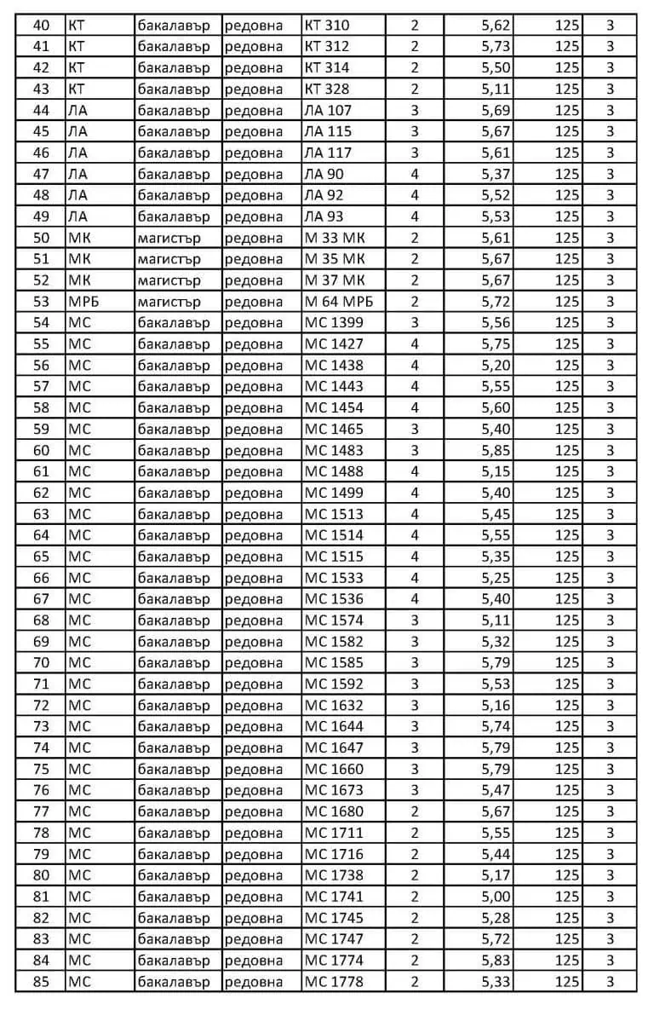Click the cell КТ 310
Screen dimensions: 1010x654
tap(327, 26)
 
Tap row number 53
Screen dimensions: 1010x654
tap(41, 302)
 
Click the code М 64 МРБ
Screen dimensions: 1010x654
tap(339, 302)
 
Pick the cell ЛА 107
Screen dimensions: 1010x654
tap(328, 110)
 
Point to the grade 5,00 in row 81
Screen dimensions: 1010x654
tap(496, 897)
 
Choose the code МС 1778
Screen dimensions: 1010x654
tap(334, 982)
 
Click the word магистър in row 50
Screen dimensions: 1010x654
tap(169, 238)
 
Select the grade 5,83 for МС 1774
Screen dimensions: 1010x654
tap(496, 961)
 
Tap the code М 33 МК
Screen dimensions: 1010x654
tap(335, 238)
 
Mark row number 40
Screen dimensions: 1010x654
tap(41, 26)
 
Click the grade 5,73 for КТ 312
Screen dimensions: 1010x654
tap(496, 47)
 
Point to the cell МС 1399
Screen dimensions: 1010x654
tap(334, 323)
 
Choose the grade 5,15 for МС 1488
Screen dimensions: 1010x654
tap(496, 471)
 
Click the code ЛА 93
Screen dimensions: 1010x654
tap(324, 216)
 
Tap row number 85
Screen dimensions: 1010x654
tap(41, 982)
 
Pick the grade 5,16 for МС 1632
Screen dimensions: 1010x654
tap(496, 706)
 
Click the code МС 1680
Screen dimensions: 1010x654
tap(334, 811)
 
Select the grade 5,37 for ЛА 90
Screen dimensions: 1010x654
tap(496, 174)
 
